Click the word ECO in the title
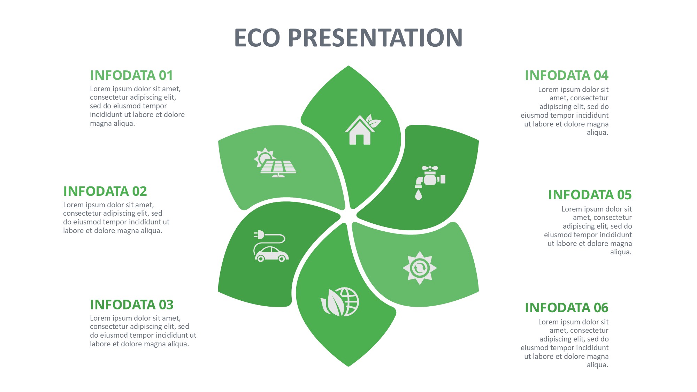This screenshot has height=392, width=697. point(257,38)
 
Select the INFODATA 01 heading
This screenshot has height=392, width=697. point(131,75)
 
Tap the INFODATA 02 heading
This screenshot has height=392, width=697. point(105,191)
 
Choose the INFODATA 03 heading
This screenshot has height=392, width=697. point(132,305)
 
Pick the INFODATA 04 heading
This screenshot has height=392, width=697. point(567,75)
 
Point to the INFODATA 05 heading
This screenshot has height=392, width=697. point(590,195)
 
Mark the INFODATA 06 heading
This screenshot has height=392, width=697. point(567,308)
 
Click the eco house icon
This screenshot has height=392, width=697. point(363,129)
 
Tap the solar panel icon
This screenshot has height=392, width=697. point(275,162)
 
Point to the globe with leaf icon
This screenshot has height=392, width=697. point(340,302)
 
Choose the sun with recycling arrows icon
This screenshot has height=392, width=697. point(420,268)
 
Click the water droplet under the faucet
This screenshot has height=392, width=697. point(419,195)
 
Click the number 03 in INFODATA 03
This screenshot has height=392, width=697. point(166,305)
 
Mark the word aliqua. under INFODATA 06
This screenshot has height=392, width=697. point(598,365)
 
